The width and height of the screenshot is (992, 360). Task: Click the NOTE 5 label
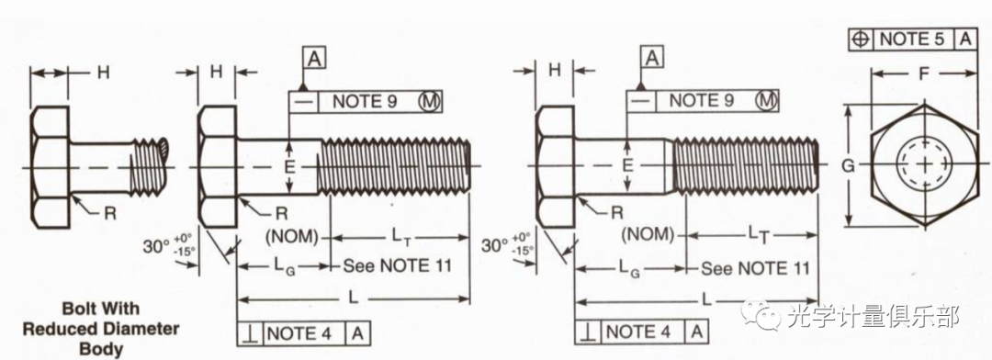pyautogui.click(x=911, y=39)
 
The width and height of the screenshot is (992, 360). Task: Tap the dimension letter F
pyautogui.click(x=923, y=73)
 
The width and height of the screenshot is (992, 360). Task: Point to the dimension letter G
pyautogui.click(x=848, y=165)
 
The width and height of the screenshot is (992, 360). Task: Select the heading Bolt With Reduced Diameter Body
pyautogui.click(x=101, y=329)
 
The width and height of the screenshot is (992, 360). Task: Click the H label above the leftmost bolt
pyautogui.click(x=103, y=73)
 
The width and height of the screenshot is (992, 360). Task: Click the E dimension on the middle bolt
pyautogui.click(x=289, y=167)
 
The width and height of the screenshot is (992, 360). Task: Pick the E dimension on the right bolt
pyautogui.click(x=627, y=165)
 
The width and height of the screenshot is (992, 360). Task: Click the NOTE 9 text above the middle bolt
pyautogui.click(x=365, y=101)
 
